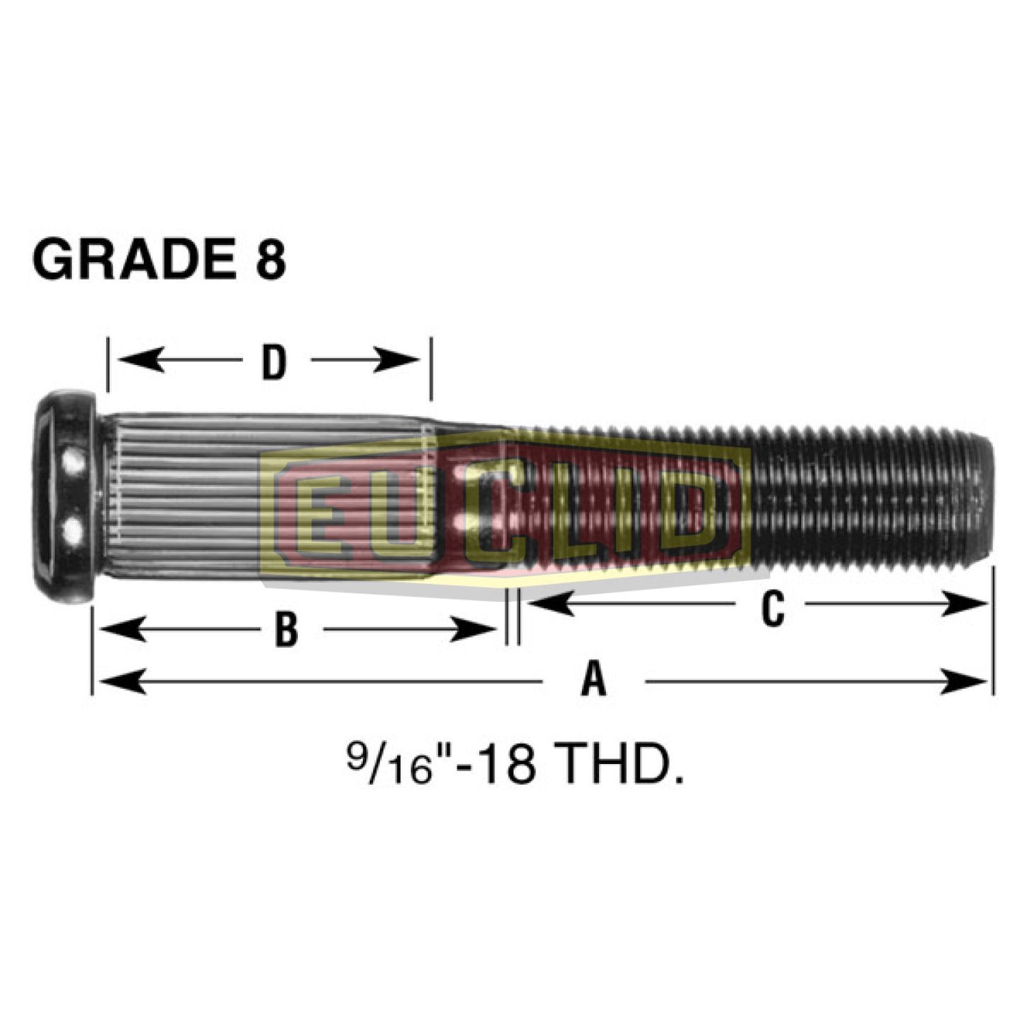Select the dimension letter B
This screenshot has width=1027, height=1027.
(286, 629)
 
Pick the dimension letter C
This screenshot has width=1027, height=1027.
(772, 608)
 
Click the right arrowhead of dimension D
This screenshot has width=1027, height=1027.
(404, 359)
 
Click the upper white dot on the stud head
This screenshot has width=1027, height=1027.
(71, 466)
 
